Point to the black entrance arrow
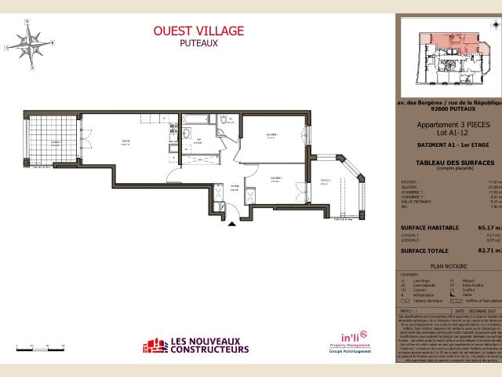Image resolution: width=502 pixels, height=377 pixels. pos(232,224)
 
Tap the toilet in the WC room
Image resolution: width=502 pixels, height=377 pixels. pos(224,119)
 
